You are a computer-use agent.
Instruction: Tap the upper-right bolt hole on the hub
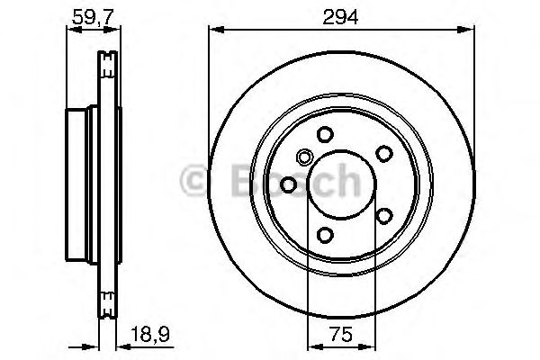[382, 153]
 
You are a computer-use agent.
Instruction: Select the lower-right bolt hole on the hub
[382, 216]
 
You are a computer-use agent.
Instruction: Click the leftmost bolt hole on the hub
[288, 184]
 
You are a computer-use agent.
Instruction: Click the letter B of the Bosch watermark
[226, 179]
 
